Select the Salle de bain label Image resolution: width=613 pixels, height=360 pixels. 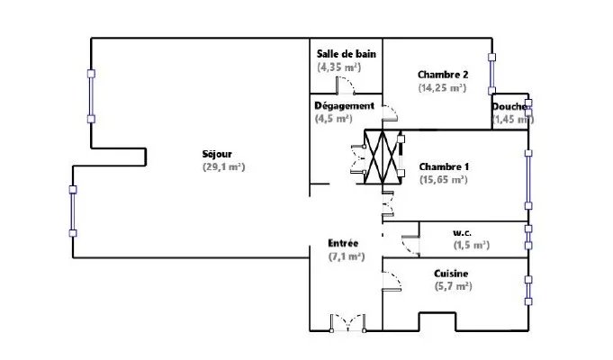pyautogui.click(x=346, y=54)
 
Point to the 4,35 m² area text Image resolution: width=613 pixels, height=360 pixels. pyautogui.click(x=339, y=67)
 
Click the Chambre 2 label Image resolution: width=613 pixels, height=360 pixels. pyautogui.click(x=443, y=74)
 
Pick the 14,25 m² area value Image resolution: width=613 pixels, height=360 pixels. pyautogui.click(x=443, y=87)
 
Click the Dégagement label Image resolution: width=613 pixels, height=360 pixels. pyautogui.click(x=344, y=105)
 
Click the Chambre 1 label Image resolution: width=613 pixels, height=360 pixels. pyautogui.click(x=444, y=166)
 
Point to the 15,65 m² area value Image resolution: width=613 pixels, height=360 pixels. pyautogui.click(x=444, y=179)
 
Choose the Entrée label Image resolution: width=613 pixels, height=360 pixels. pyautogui.click(x=344, y=243)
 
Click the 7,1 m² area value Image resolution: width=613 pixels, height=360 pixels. pyautogui.click(x=347, y=256)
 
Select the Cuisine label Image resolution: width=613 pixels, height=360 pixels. pyautogui.click(x=452, y=274)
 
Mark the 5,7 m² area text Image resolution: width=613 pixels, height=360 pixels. pyautogui.click(x=453, y=286)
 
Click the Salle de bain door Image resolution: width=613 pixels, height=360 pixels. pyautogui.click(x=347, y=85)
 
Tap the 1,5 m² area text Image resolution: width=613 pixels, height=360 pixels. pyautogui.click(x=472, y=245)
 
